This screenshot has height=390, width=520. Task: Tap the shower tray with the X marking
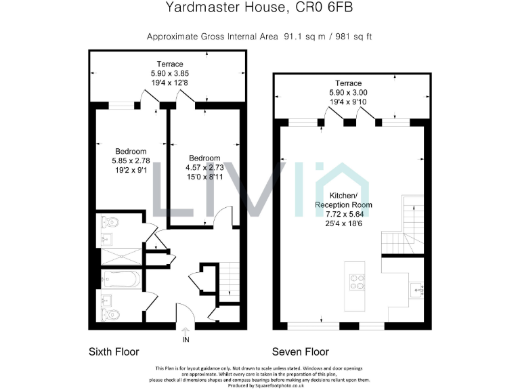point(121,257)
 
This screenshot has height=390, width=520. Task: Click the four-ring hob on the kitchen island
point(356,281)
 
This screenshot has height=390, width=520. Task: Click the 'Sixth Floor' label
point(114,352)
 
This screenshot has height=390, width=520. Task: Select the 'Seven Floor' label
point(300,352)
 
